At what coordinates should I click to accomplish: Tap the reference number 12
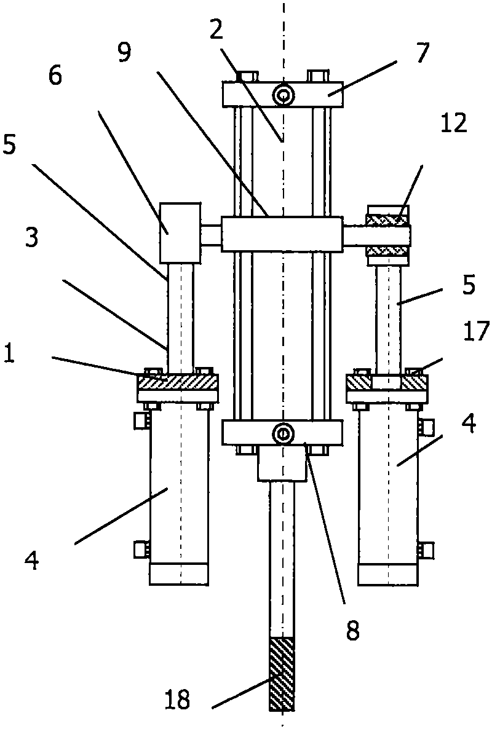(453, 123)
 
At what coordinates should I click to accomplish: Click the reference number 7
(423, 52)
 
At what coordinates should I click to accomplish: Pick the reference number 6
(55, 76)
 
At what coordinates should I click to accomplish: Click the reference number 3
(31, 237)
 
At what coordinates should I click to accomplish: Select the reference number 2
(216, 30)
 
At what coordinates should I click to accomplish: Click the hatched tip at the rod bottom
(282, 674)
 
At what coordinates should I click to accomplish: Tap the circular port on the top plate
(283, 96)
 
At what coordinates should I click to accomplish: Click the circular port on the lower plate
(283, 433)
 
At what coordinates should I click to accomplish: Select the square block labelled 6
(180, 232)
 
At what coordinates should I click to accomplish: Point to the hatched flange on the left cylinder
(178, 382)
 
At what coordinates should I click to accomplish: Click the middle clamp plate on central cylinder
(282, 234)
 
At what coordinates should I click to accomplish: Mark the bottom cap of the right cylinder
(388, 575)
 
